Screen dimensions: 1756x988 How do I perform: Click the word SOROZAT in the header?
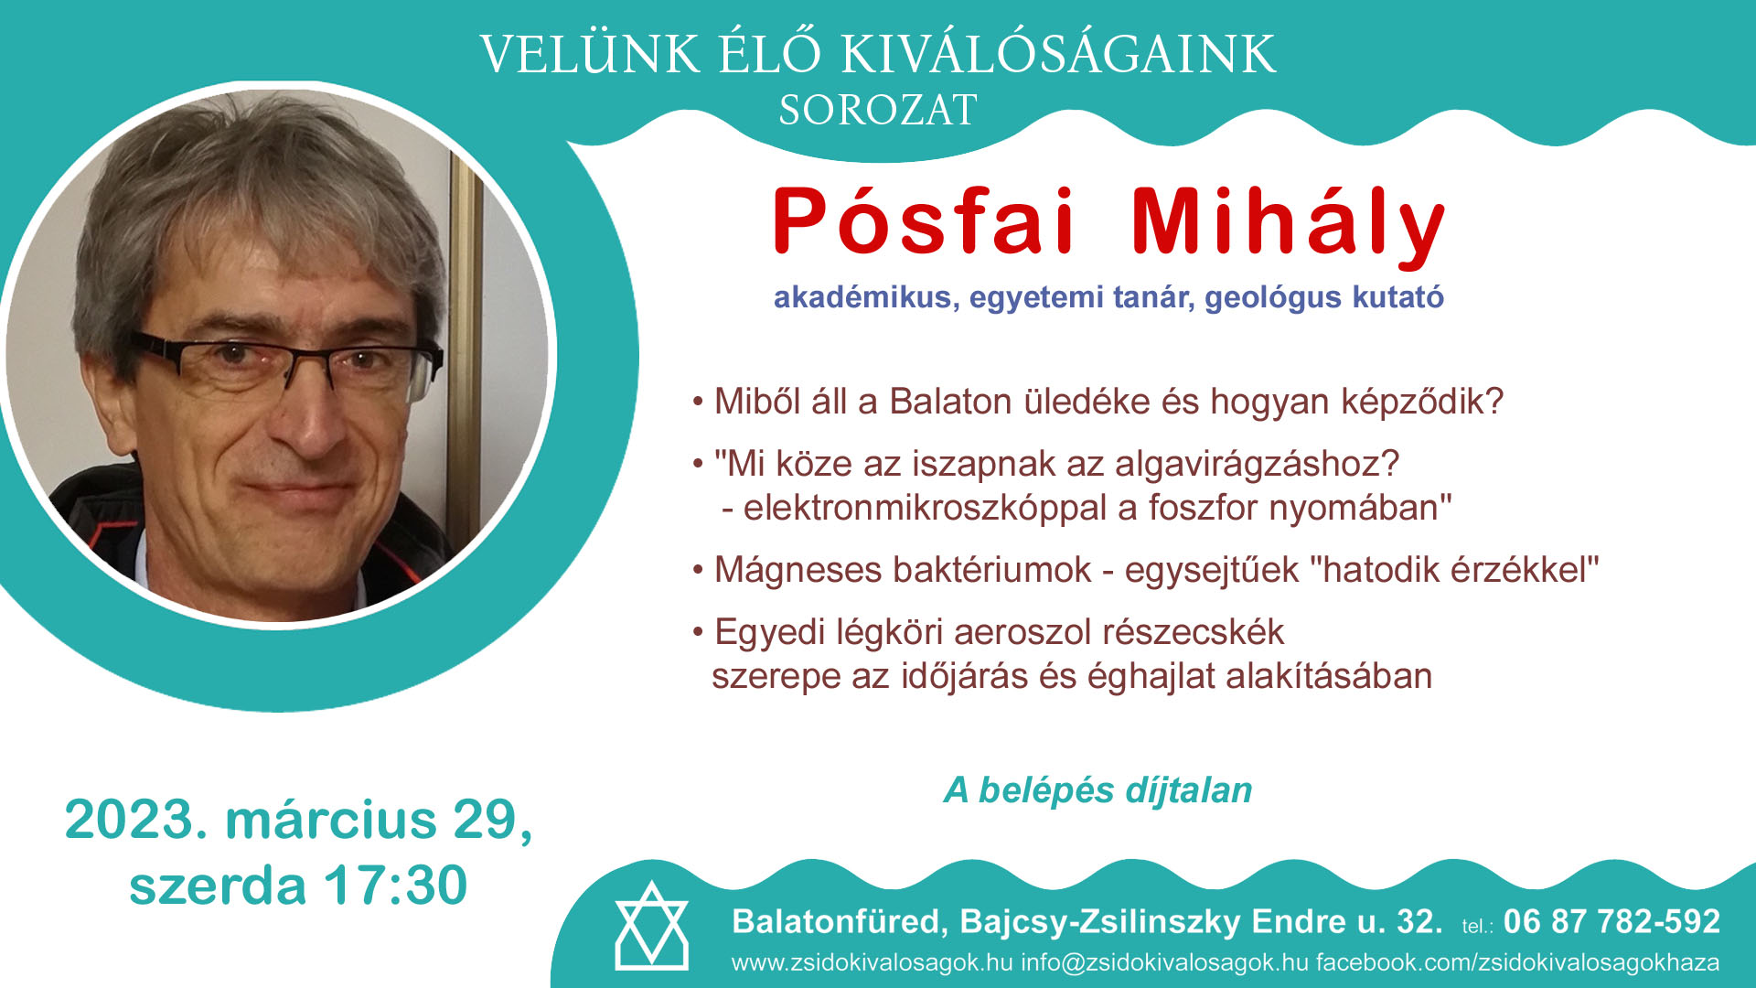pyautogui.click(x=878, y=111)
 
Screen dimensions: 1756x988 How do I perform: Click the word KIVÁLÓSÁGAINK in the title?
pyautogui.click(x=1057, y=55)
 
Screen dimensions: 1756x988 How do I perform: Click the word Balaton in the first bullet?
pyautogui.click(x=950, y=402)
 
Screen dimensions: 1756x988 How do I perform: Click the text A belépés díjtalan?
pyautogui.click(x=1097, y=790)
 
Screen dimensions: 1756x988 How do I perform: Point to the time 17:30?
pyautogui.click(x=395, y=886)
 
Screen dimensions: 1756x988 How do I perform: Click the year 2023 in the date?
pyautogui.click(x=129, y=819)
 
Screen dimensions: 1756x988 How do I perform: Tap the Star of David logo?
pyautogui.click(x=651, y=926)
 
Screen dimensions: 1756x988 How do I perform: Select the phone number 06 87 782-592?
pyautogui.click(x=1611, y=921)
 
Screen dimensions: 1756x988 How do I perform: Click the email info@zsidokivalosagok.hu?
pyautogui.click(x=1164, y=963)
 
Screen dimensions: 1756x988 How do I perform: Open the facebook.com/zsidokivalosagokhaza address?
pyautogui.click(x=1517, y=963)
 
